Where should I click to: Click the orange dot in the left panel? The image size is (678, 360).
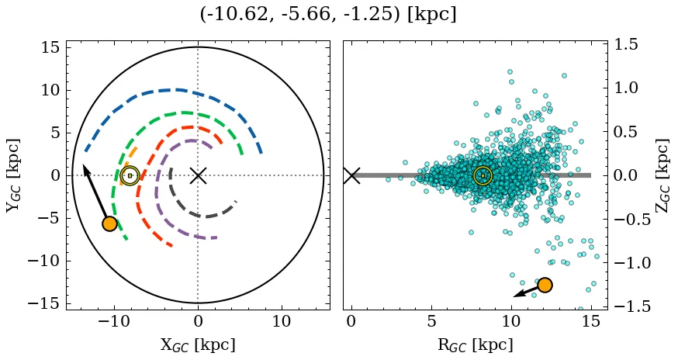(x=109, y=223)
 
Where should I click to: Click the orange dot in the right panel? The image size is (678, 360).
(x=545, y=285)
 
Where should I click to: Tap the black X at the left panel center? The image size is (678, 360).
(x=198, y=175)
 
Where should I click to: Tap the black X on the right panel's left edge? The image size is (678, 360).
(x=351, y=175)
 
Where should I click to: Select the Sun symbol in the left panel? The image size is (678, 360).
(x=130, y=175)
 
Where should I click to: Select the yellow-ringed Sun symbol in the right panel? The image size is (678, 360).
(x=483, y=175)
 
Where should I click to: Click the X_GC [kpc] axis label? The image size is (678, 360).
(x=198, y=345)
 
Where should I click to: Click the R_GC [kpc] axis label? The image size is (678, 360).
(x=475, y=345)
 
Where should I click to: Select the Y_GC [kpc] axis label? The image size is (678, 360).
(x=15, y=175)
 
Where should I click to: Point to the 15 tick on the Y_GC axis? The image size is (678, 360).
(x=50, y=47)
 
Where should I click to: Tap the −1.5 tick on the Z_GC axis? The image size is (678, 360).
(x=631, y=306)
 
